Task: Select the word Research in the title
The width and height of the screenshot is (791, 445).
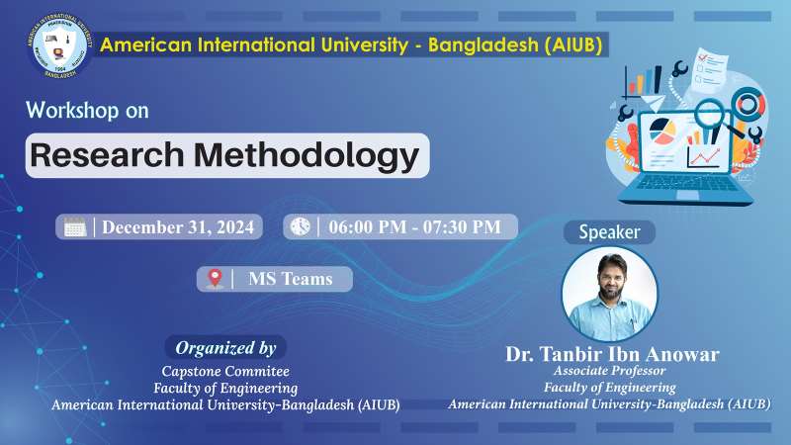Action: click(x=107, y=155)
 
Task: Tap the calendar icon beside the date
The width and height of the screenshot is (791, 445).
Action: click(x=75, y=226)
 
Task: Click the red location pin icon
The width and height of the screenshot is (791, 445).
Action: click(x=215, y=279)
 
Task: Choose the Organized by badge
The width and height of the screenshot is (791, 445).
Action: click(x=225, y=347)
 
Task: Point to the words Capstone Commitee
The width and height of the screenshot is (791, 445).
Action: click(x=225, y=371)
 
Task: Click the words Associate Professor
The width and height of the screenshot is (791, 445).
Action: click(x=609, y=371)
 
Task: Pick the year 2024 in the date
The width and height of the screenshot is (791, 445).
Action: click(x=231, y=226)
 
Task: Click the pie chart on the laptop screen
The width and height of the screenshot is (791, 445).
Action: click(x=661, y=129)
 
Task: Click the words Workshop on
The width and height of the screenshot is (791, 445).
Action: click(x=88, y=111)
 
